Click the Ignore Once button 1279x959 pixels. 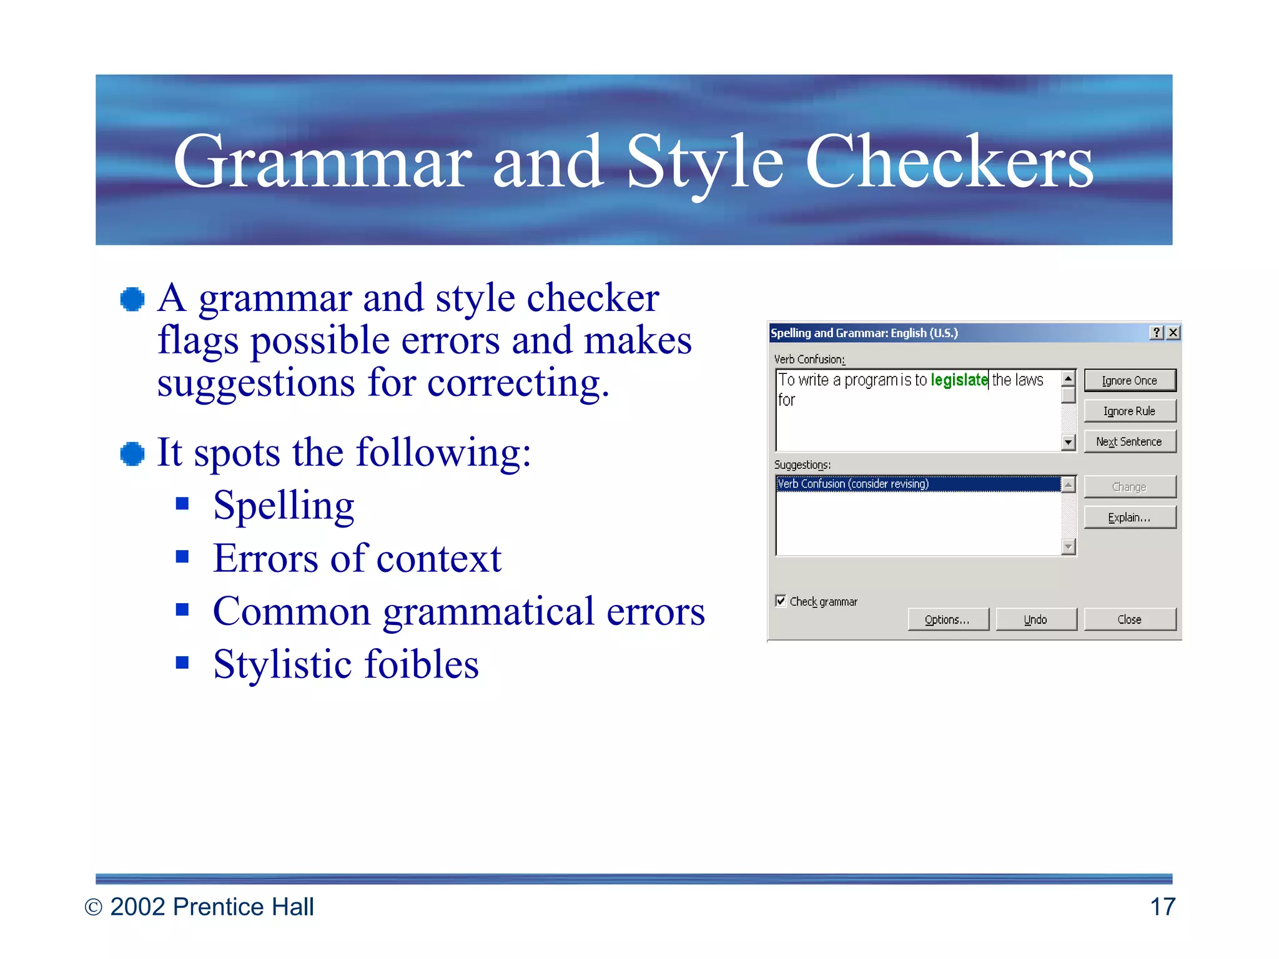(1130, 380)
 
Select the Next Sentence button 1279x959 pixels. (1130, 441)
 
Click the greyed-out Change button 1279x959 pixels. (1130, 487)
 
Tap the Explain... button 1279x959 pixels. (1130, 518)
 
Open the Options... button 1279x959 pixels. (947, 619)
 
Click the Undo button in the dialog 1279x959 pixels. (1035, 619)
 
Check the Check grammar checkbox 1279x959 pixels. (781, 601)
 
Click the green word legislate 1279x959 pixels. (959, 380)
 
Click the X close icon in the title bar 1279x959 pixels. (1173, 333)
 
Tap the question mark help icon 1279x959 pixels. (1157, 333)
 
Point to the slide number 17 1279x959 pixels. (1162, 907)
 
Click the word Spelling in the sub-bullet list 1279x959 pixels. (284, 506)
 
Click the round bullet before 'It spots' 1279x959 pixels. (132, 453)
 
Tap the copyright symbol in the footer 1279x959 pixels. (93, 907)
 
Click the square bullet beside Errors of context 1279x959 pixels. (182, 556)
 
